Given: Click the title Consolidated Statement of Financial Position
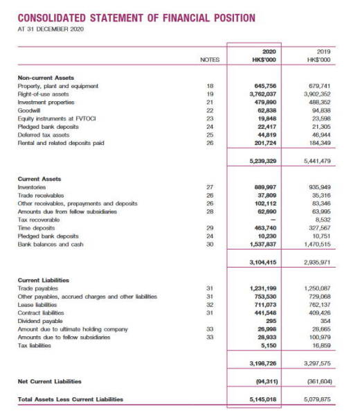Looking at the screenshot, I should tap(136, 17).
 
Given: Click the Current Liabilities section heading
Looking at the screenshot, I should tap(43, 280).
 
